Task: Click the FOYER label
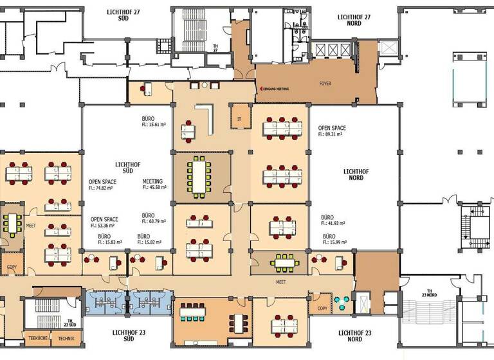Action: click(325, 84)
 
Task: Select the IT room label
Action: click(239, 119)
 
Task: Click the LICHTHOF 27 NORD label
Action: click(354, 21)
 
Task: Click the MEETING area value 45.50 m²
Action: click(154, 188)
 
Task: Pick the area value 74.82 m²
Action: click(103, 189)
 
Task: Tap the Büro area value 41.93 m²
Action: click(334, 224)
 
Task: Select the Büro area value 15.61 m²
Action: click(154, 126)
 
